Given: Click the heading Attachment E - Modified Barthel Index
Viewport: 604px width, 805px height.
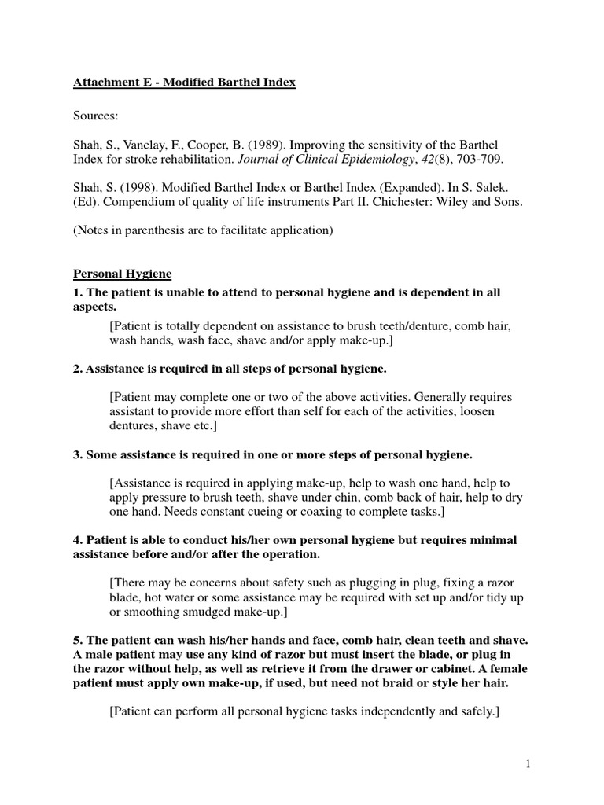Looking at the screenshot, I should pos(185,83).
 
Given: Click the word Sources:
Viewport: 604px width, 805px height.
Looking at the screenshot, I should pos(96,116).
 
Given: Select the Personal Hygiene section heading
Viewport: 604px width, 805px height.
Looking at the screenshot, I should pos(123,274).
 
